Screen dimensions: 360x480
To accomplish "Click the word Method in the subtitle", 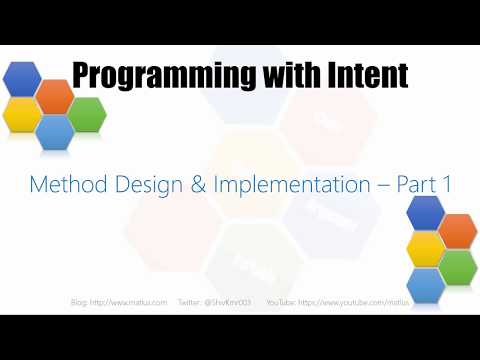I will pos(63,184).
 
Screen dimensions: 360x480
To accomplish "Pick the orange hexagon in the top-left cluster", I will pos(54,96).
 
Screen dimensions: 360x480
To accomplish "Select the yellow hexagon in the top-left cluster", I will pos(22,115).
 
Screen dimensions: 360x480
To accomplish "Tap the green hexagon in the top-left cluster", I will pos(86,115).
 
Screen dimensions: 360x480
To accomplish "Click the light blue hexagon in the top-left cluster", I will pos(54,133).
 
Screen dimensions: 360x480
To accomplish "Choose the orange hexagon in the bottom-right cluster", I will pos(457,229).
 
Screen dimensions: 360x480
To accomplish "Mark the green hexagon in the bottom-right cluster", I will pos(457,266).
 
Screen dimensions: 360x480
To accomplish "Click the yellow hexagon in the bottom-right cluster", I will pos(426,248).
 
